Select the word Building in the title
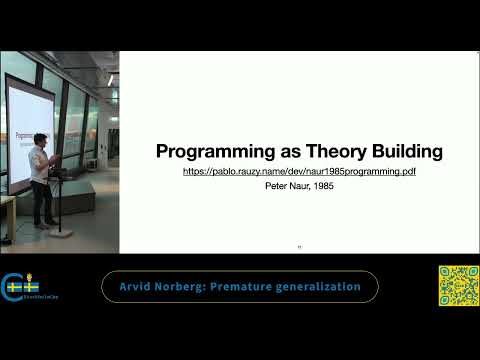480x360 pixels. click(404, 152)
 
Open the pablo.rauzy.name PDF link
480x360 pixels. click(299, 172)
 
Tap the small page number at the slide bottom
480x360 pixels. click(299, 247)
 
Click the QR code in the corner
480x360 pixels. click(457, 285)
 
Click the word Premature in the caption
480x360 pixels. click(248, 287)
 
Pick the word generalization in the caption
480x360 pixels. click(322, 287)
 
